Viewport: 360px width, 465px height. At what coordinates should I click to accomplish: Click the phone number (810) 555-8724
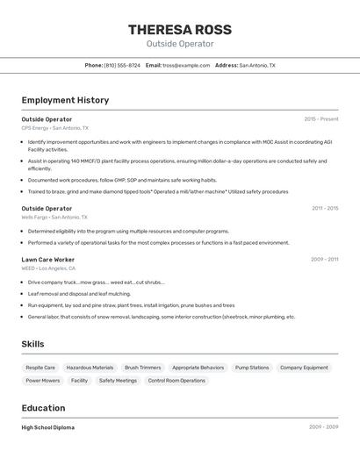pyautogui.click(x=122, y=65)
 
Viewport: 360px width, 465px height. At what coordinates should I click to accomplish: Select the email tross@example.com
pyautogui.click(x=186, y=65)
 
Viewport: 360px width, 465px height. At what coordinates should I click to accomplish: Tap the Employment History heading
pyautogui.click(x=65, y=100)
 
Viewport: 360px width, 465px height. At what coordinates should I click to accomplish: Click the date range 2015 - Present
pyautogui.click(x=320, y=118)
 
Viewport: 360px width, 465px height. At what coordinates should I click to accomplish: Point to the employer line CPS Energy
pyautogui.click(x=54, y=128)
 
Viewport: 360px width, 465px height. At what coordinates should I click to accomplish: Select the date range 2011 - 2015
pyautogui.click(x=324, y=208)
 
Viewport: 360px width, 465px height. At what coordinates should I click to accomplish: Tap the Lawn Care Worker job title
pyautogui.click(x=47, y=260)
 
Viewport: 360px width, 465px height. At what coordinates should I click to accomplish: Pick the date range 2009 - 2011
pyautogui.click(x=324, y=260)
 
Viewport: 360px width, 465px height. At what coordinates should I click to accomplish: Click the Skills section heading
pyautogui.click(x=32, y=344)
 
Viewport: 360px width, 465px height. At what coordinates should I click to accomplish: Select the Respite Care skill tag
pyautogui.click(x=40, y=368)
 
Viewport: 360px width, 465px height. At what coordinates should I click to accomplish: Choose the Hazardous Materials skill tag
pyautogui.click(x=90, y=368)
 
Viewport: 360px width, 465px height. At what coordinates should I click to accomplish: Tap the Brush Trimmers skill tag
pyautogui.click(x=142, y=368)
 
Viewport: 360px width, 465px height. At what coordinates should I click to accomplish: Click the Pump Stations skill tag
pyautogui.click(x=252, y=368)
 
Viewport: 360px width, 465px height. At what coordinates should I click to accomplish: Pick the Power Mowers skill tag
pyautogui.click(x=43, y=381)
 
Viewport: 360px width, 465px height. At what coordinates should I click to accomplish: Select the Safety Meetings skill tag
pyautogui.click(x=118, y=381)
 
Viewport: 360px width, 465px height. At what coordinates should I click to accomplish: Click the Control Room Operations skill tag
pyautogui.click(x=176, y=381)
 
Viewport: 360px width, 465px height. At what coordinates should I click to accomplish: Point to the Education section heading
pyautogui.click(x=43, y=408)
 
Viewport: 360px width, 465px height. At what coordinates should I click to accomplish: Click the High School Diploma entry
pyautogui.click(x=48, y=427)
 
